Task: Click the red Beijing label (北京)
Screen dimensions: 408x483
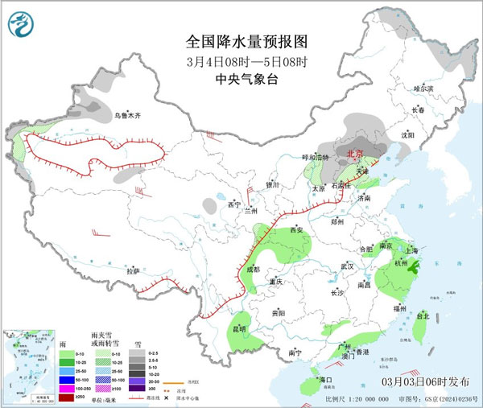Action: pyautogui.click(x=354, y=152)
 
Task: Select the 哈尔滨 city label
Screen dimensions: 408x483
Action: pyautogui.click(x=423, y=88)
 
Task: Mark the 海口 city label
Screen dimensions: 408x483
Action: pyautogui.click(x=325, y=379)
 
